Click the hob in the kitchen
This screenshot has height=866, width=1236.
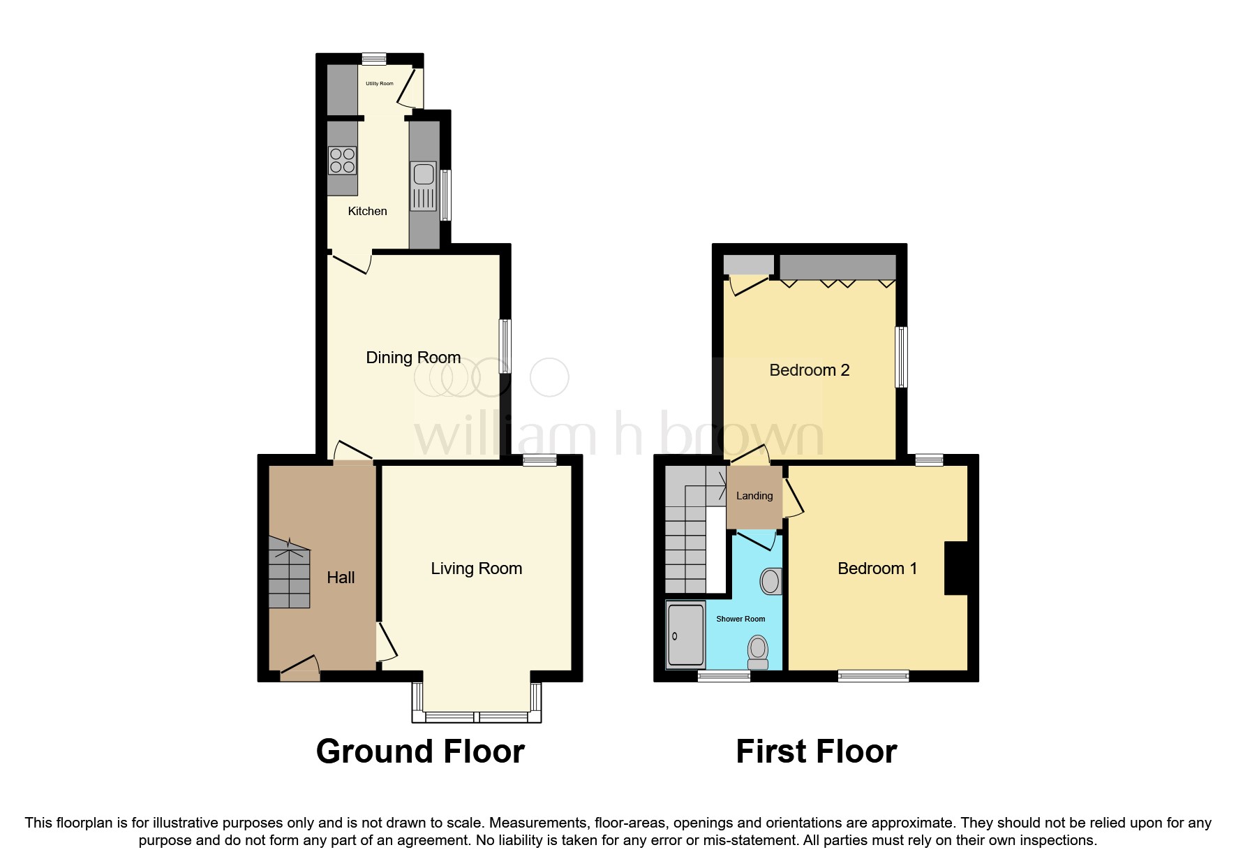[x=342, y=161]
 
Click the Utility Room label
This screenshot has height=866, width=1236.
[x=380, y=84]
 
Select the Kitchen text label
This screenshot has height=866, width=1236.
[x=367, y=211]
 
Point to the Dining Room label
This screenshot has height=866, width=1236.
[x=413, y=358]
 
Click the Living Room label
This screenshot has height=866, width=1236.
[x=476, y=568]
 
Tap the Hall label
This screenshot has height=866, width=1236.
[x=341, y=578]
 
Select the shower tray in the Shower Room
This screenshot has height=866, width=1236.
[x=685, y=634]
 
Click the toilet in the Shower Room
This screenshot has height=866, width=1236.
[x=757, y=651]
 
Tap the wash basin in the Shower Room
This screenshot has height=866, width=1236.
[x=770, y=581]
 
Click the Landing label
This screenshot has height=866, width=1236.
[x=754, y=496]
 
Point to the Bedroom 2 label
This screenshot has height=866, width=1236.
[x=809, y=370]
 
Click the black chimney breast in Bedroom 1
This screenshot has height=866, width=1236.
[x=956, y=568]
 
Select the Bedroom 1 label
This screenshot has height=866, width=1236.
[x=877, y=568]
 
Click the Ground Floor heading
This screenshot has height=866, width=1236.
[x=420, y=751]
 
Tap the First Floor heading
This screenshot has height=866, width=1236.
[x=816, y=751]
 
